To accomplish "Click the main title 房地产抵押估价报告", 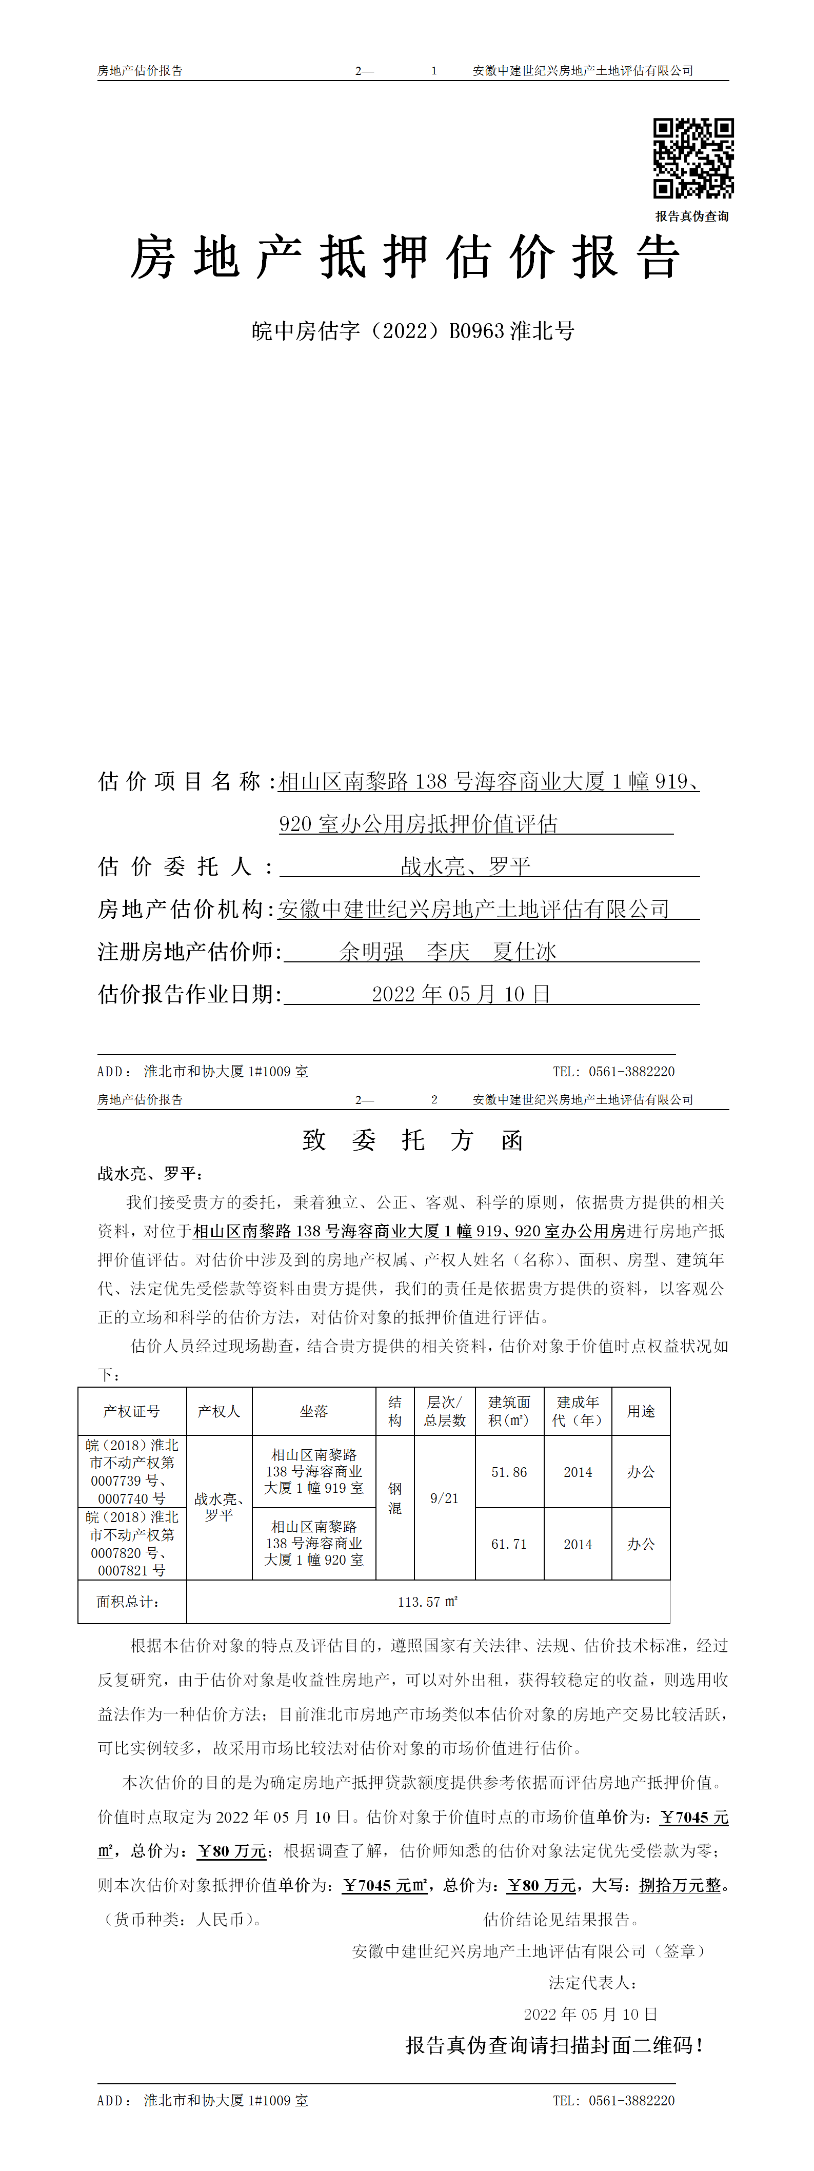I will pos(405,257).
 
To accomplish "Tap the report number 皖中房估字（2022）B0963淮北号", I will pos(413,330).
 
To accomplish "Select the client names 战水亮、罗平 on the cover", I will pos(465,865).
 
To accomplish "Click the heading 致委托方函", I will pos(413,1140).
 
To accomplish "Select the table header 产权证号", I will pos(131,1411).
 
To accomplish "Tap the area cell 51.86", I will pos(509,1472).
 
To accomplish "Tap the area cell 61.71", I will pos(509,1544).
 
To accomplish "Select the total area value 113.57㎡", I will pos(427,1601).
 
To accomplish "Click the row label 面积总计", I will pos(128,1601).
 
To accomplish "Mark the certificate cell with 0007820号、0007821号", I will pos(131,1544).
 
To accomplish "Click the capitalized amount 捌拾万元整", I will pos(680,1885).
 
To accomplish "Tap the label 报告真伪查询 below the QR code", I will pos(692,216).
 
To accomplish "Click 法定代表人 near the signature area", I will pos(592,1982).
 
